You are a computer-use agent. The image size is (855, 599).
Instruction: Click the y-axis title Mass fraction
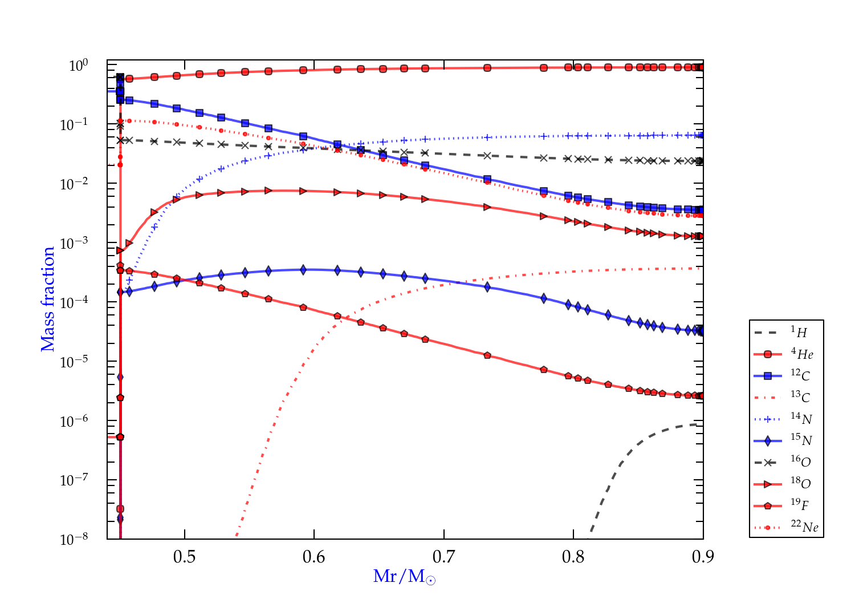pyautogui.click(x=48, y=299)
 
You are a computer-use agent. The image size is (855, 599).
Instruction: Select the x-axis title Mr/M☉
pyautogui.click(x=405, y=577)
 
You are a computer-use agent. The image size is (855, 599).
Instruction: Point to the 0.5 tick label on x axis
pyautogui.click(x=185, y=557)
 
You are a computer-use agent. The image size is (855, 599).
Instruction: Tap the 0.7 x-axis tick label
pyautogui.click(x=444, y=557)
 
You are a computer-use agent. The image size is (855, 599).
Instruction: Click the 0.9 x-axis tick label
pyautogui.click(x=703, y=557)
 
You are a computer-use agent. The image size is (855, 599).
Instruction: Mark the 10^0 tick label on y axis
pyautogui.click(x=78, y=66)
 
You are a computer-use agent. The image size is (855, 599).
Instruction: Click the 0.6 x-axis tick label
pyautogui.click(x=314, y=557)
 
